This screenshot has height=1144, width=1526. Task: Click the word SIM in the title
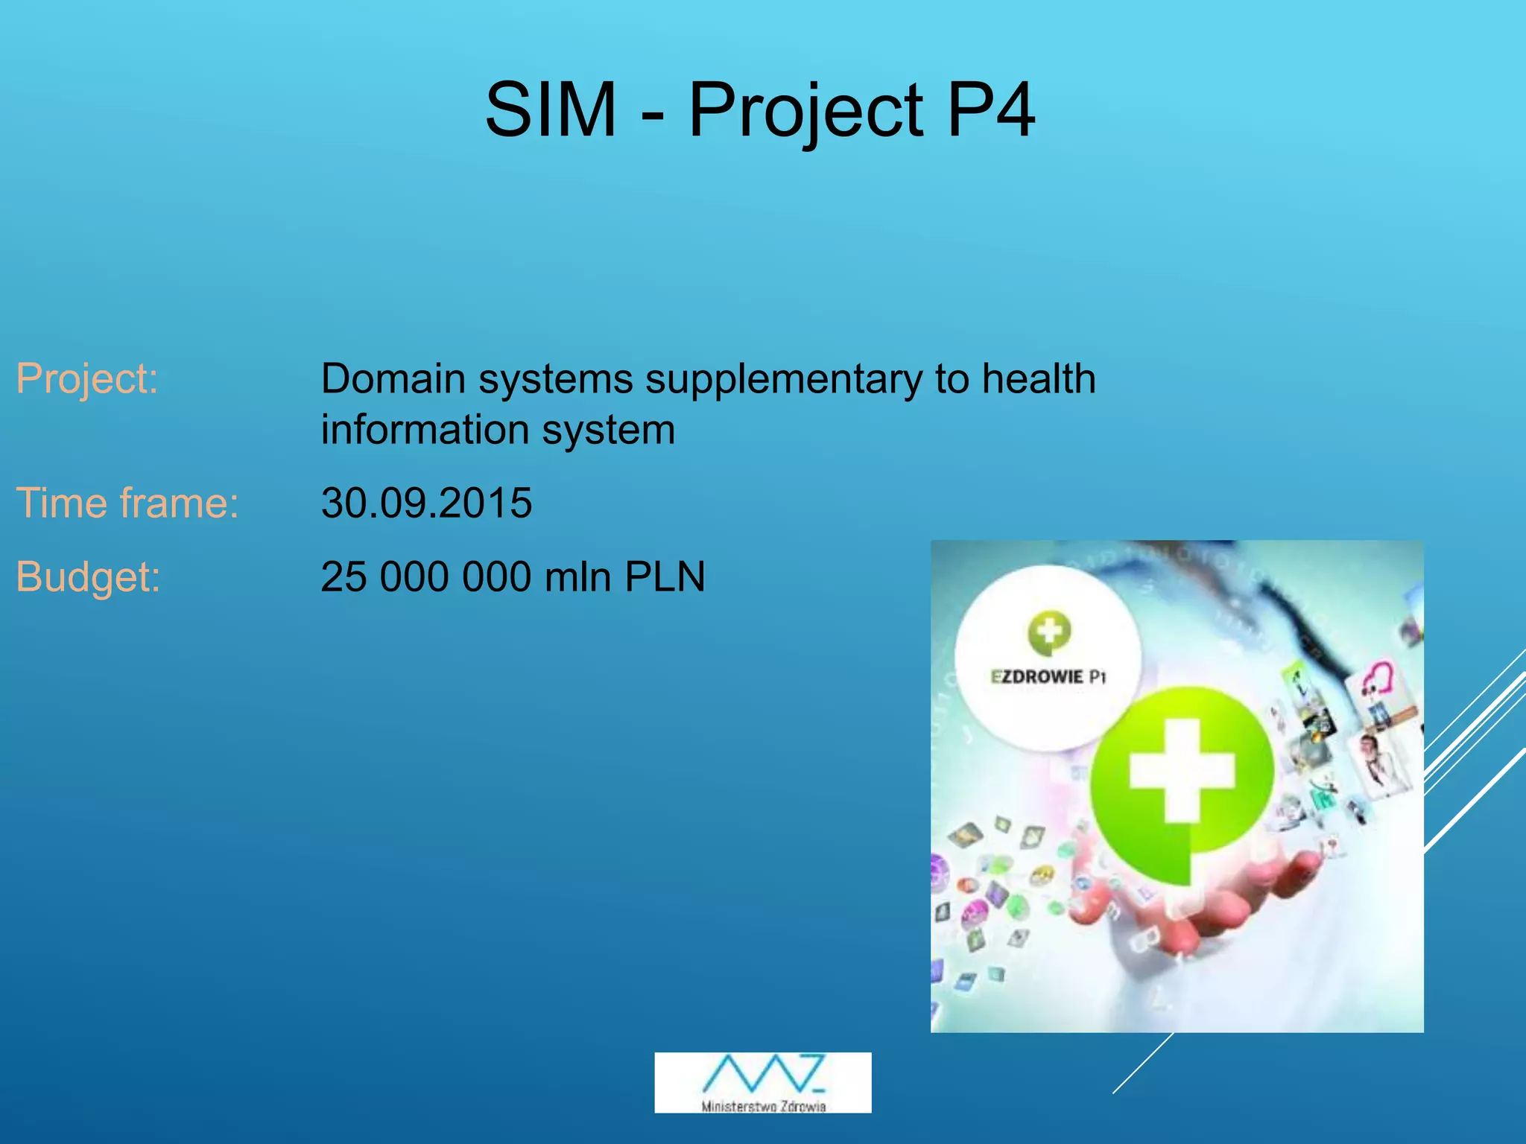(551, 110)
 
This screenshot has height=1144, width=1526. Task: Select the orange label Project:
(87, 378)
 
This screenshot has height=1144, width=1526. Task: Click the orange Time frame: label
(127, 503)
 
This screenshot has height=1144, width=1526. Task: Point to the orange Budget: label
(88, 576)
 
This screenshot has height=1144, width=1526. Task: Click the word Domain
(393, 378)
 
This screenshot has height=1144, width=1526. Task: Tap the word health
(1039, 378)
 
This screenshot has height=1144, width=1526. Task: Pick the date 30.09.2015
(426, 503)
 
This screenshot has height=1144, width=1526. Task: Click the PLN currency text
(665, 576)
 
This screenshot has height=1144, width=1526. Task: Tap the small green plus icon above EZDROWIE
(1049, 632)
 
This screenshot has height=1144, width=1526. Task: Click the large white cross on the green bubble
(1182, 770)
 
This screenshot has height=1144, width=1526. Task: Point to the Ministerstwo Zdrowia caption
(763, 1107)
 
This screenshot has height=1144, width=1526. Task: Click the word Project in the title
(805, 110)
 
